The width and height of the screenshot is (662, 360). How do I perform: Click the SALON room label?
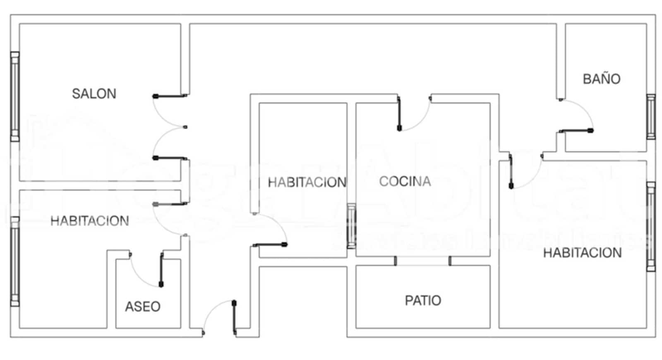pyautogui.click(x=94, y=94)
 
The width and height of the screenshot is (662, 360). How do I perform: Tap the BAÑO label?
pyautogui.click(x=601, y=79)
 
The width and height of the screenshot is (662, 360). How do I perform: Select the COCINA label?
pyautogui.click(x=405, y=181)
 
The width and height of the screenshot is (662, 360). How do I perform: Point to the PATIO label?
pyautogui.click(x=423, y=300)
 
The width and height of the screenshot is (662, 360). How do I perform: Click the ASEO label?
pyautogui.click(x=143, y=307)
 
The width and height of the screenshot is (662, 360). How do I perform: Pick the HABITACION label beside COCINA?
pyautogui.click(x=307, y=182)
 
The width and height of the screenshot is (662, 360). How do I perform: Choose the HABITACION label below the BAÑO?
pyautogui.click(x=582, y=252)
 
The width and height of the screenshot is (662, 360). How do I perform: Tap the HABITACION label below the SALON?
pyautogui.click(x=89, y=221)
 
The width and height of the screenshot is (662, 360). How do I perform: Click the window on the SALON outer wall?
pyautogui.click(x=15, y=96)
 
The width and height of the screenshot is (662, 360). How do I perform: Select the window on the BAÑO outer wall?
pyautogui.click(x=651, y=117)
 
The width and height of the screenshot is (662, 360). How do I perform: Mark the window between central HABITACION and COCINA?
pyautogui.click(x=351, y=226)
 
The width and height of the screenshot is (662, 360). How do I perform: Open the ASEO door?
pyautogui.click(x=161, y=270)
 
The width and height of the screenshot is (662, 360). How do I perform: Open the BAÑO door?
pyautogui.click(x=576, y=131)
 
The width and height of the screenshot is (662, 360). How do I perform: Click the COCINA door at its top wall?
pyautogui.click(x=399, y=114)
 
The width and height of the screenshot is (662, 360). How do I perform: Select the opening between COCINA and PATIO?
pyautogui.click(x=422, y=261)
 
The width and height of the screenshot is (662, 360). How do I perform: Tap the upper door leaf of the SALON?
pyautogui.click(x=170, y=96)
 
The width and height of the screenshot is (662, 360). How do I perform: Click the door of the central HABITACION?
pyautogui.click(x=270, y=245)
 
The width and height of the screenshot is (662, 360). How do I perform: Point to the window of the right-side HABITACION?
pyautogui.click(x=651, y=227)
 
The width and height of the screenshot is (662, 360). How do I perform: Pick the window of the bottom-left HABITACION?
pyautogui.click(x=15, y=261)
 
